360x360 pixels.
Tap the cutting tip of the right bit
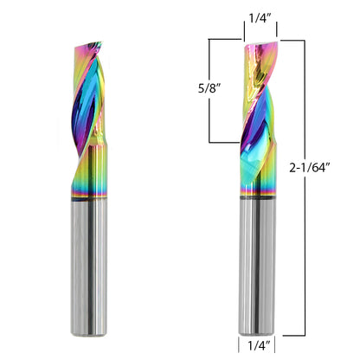(264, 41)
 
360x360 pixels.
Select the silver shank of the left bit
(91, 268)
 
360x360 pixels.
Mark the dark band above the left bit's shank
(91, 202)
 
